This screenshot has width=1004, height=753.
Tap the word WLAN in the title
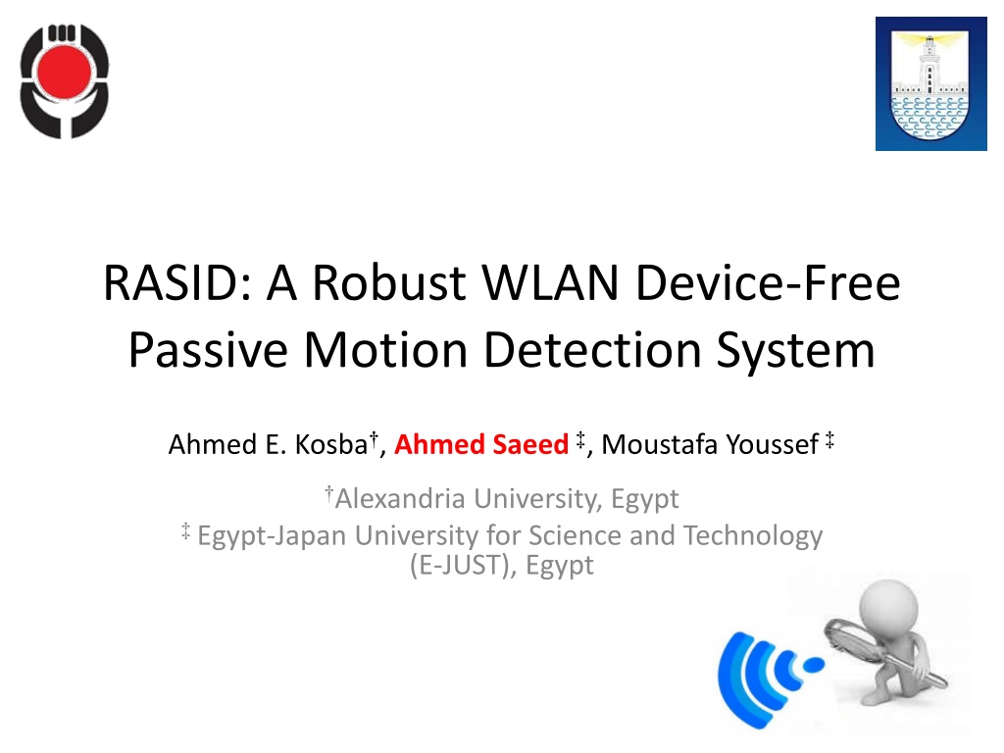(x=550, y=283)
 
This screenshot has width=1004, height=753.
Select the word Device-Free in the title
(x=768, y=283)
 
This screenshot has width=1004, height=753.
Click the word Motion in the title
(x=385, y=350)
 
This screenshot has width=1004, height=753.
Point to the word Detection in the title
(x=592, y=350)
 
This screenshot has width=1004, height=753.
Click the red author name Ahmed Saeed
(x=481, y=444)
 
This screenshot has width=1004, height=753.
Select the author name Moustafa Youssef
(x=710, y=444)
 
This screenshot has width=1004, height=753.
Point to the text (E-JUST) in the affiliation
(x=463, y=566)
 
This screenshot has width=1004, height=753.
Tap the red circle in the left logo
(x=64, y=71)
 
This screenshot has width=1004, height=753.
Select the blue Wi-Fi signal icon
(x=770, y=678)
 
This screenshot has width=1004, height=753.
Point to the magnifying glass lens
(x=851, y=640)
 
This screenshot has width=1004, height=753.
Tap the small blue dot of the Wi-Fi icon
(x=814, y=666)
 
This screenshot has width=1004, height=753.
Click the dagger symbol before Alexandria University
(x=329, y=493)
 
